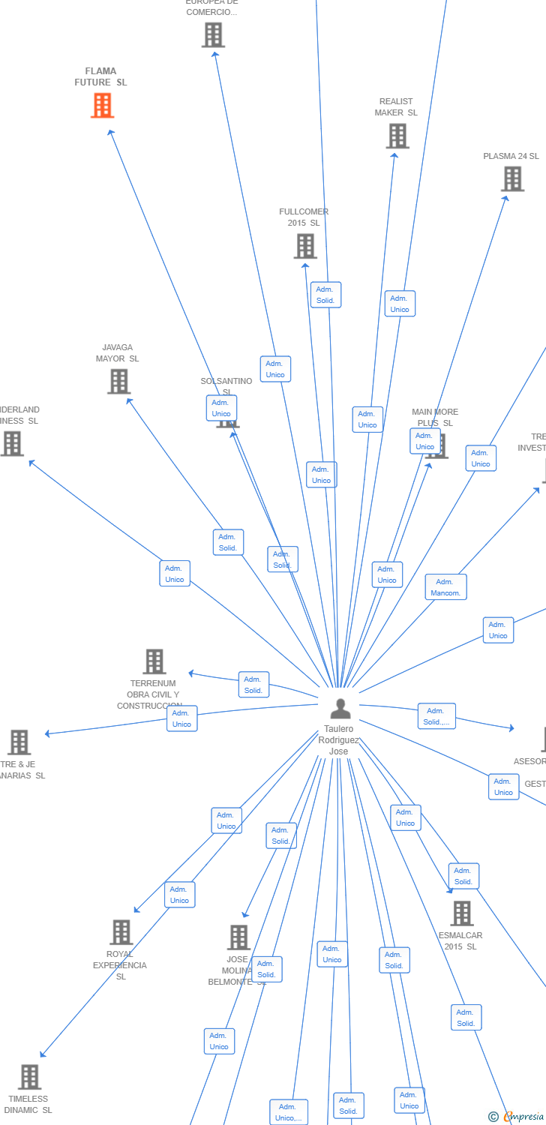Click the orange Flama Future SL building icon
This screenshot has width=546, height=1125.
pos(102,106)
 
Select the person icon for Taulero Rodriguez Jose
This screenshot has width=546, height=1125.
pos(340,708)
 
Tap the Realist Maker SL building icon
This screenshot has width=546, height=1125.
pos(397,136)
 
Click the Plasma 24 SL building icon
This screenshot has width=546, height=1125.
pos(513,179)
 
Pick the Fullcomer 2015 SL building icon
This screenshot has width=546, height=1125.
pos(305,246)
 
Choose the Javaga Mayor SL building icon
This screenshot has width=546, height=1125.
pos(118,382)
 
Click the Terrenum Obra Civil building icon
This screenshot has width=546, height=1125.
pos(154,661)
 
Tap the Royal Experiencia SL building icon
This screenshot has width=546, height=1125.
pos(121,932)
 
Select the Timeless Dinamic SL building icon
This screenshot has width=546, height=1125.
pos(29,1077)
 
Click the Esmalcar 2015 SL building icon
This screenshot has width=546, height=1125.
pos(462,913)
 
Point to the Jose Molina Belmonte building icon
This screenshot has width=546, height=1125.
pos(238,937)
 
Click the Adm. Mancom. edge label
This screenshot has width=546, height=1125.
pos(445,587)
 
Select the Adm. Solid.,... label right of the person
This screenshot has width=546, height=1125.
pos(436,716)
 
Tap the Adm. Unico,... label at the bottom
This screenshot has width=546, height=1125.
pos(289,1112)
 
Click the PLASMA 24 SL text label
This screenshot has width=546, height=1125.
pos(511,156)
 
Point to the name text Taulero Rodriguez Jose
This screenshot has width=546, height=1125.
pos(339,740)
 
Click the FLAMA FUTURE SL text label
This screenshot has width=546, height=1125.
pos(101,76)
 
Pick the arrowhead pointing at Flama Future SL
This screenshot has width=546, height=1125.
pos(110,132)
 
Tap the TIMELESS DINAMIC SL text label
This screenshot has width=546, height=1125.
pos(28,1104)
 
